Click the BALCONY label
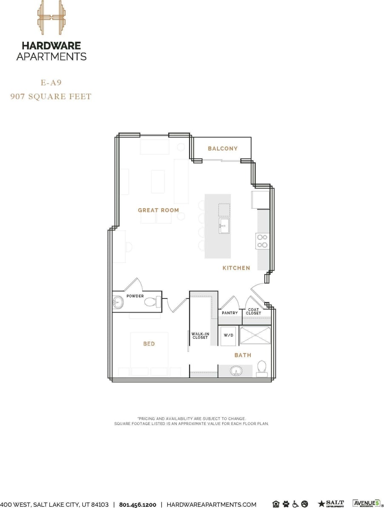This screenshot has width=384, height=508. point(222,149)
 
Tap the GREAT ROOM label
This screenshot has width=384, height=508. point(158,210)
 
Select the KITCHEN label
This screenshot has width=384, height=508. point(236,268)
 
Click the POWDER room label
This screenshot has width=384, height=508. point(135,296)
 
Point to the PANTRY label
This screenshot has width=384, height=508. point(230,313)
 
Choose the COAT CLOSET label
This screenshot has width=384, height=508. point(253,312)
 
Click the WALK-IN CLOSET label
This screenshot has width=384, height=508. point(200,336)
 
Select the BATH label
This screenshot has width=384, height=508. point(243,355)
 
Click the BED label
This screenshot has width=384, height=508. point(149,344)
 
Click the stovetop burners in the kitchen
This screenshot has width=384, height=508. point(262,241)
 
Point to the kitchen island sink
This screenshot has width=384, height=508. point(224,226)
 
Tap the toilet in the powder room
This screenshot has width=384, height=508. point(151,302)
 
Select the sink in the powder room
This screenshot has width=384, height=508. point(118,303)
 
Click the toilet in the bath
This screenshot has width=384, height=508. point(262,368)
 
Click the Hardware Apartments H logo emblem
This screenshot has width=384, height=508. point(51,17)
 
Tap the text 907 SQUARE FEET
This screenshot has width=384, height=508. point(51,97)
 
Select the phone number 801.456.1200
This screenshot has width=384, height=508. point(138,505)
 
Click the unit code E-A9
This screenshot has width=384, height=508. point(51,82)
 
